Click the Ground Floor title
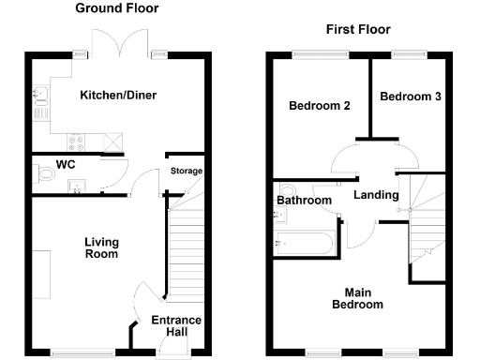pyautogui.click(x=117, y=8)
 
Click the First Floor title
pyautogui.click(x=356, y=30)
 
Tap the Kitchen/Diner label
pyautogui.click(x=117, y=95)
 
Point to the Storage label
pyautogui.click(x=186, y=171)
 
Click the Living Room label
pyautogui.click(x=101, y=247)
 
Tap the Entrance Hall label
pyautogui.click(x=176, y=326)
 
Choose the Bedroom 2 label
pyautogui.click(x=319, y=106)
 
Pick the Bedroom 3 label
pyautogui.click(x=410, y=96)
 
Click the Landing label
pyautogui.click(x=376, y=195)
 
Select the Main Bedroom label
pyautogui.click(x=357, y=298)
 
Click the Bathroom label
pyautogui.click(x=304, y=201)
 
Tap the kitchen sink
pyautogui.click(x=40, y=94)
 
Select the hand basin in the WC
pyautogui.click(x=77, y=186)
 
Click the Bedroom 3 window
pyautogui.click(x=405, y=53)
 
